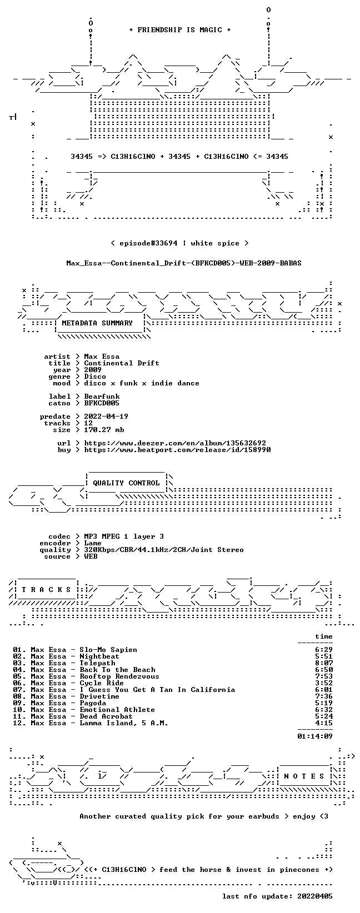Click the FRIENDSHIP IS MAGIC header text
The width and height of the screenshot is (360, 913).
click(180, 30)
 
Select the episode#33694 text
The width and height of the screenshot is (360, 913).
click(148, 243)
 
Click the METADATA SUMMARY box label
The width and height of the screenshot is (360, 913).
click(97, 323)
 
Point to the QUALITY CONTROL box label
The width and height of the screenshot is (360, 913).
click(126, 483)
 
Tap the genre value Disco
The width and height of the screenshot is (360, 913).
click(95, 377)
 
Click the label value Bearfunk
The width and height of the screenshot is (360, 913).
click(102, 397)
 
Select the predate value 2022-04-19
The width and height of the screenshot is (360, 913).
click(106, 417)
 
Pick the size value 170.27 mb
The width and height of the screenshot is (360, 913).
click(104, 430)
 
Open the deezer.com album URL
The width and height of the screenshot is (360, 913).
click(175, 443)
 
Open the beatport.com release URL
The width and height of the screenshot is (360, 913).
click(177, 450)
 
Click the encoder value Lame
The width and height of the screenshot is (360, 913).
click(93, 543)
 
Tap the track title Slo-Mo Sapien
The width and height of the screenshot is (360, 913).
click(108, 650)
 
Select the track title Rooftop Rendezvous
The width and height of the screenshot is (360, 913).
click(119, 676)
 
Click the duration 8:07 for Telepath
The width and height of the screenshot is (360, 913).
click(324, 663)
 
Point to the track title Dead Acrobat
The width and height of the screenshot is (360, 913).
click(106, 716)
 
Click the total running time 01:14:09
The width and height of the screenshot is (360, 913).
click(315, 736)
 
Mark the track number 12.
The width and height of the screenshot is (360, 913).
click(18, 723)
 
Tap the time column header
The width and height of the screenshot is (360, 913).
click(324, 636)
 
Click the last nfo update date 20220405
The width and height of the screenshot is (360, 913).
click(315, 896)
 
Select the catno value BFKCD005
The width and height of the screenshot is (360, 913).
click(102, 403)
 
